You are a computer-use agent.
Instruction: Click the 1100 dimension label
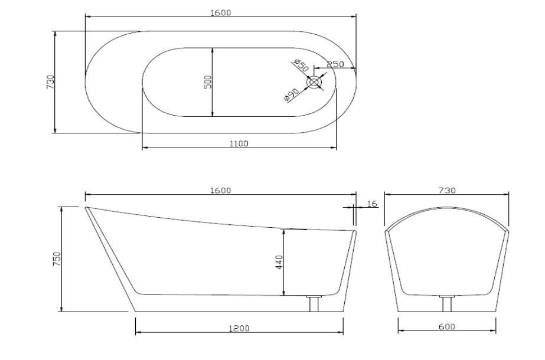(x=239, y=143)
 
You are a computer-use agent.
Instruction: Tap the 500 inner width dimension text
(x=207, y=82)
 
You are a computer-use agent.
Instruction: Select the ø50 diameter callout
(x=301, y=66)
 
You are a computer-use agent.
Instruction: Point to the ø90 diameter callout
(x=292, y=94)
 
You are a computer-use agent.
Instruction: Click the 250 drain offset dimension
(x=335, y=64)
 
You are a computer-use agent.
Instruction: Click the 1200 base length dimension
(x=240, y=328)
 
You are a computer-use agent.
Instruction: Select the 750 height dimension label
(x=57, y=259)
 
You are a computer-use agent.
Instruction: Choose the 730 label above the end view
(x=447, y=190)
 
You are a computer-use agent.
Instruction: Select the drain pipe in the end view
(x=447, y=304)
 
